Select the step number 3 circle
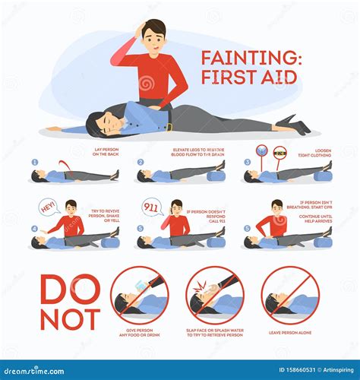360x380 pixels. click(247, 162)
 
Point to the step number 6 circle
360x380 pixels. click(247, 229)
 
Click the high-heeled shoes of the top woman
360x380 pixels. click(293, 122)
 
